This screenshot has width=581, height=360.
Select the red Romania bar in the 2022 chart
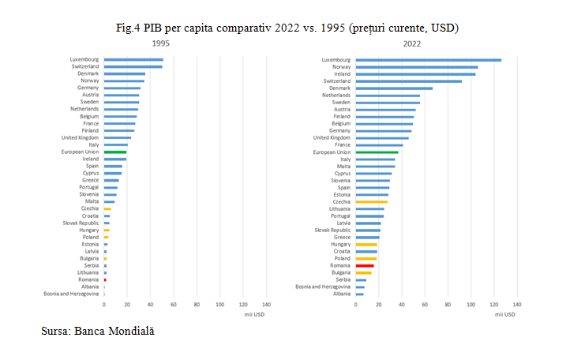365,265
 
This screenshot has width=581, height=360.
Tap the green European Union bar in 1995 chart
115,152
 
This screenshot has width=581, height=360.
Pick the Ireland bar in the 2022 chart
415,73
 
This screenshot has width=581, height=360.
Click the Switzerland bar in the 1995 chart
133,66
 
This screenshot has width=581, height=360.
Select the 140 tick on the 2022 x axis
517,304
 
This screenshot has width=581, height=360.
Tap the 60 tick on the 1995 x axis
173,304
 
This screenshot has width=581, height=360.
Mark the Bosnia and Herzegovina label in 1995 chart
71,294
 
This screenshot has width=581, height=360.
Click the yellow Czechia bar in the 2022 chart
371,201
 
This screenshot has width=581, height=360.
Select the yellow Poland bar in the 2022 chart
366,258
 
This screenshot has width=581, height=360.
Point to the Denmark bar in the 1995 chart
124,73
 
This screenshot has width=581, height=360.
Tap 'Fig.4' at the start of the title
129,28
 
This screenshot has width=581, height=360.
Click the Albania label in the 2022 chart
341,294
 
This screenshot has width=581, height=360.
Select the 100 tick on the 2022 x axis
471,304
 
